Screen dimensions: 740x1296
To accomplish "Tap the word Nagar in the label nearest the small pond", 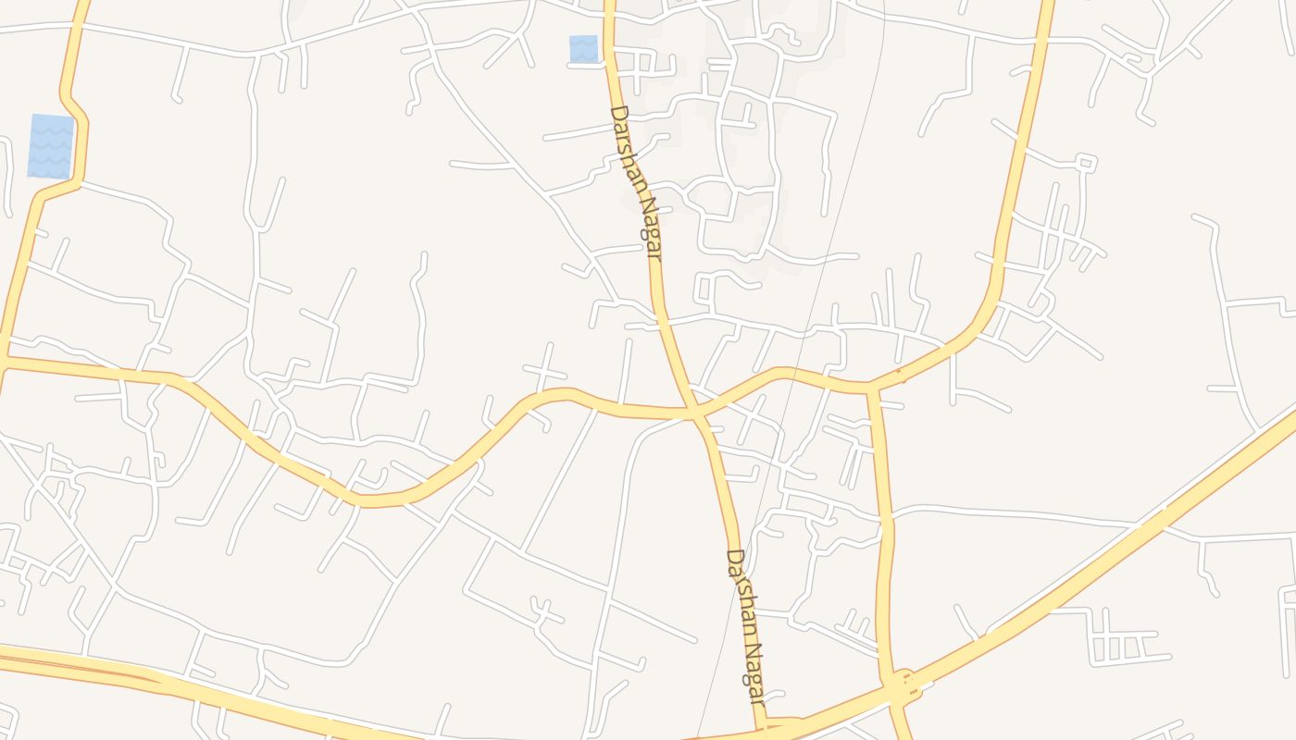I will (x=649, y=227).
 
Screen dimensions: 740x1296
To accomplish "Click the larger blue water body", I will (x=50, y=146).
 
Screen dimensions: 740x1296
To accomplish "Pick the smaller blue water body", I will (x=583, y=49).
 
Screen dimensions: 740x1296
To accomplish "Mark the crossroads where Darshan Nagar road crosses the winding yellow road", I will (x=694, y=412).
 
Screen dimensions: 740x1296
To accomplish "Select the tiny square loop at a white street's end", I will (x=1087, y=164).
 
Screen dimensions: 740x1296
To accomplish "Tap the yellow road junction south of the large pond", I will (x=4, y=358).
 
